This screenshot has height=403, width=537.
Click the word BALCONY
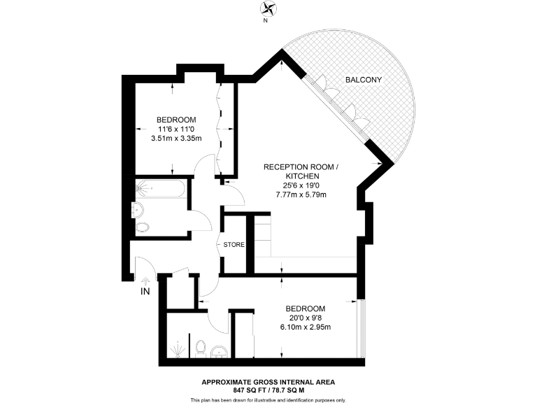click(x=364, y=80)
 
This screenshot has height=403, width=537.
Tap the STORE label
click(x=234, y=245)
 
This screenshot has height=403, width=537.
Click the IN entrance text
click(x=146, y=290)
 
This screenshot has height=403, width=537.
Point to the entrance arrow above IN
click(x=146, y=278)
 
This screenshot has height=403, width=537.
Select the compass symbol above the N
click(x=268, y=9)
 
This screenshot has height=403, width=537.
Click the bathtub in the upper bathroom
click(x=160, y=188)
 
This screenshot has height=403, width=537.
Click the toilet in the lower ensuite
click(x=201, y=347)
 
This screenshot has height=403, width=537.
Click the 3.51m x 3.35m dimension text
click(x=176, y=139)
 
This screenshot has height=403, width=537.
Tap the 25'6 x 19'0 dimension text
click(x=301, y=185)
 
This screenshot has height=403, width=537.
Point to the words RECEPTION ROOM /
click(x=301, y=167)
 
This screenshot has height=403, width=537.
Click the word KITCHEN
click(x=301, y=176)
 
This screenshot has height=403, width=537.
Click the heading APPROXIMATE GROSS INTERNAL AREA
click(x=268, y=381)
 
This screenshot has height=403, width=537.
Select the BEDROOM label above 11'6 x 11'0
click(x=176, y=120)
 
